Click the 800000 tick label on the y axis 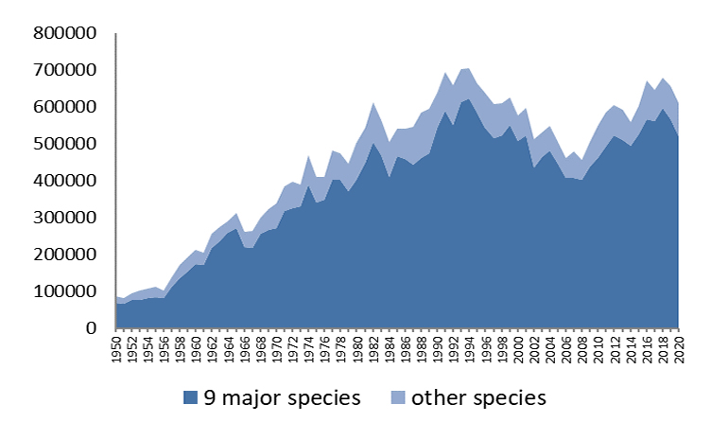[65, 33]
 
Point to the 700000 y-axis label [65, 70]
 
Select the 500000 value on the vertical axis [65, 144]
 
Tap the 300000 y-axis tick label [65, 218]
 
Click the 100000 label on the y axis [65, 291]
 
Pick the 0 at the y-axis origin [92, 328]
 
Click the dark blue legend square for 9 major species [190, 397]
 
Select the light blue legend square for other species [398, 397]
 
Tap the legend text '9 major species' [282, 397]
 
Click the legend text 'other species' [478, 397]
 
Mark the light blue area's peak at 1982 [373, 103]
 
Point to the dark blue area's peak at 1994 [469, 99]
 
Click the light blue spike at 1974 [309, 156]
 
